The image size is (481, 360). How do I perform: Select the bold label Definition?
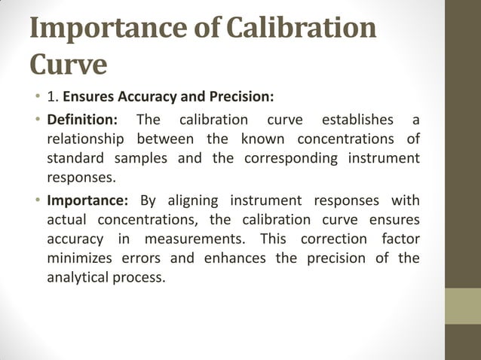click(x=82, y=120)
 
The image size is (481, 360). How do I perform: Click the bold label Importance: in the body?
click(x=88, y=200)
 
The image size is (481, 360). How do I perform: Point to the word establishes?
click(x=357, y=120)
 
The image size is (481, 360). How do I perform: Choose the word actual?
click(x=67, y=219)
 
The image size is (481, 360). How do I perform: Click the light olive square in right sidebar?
click(x=463, y=306)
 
